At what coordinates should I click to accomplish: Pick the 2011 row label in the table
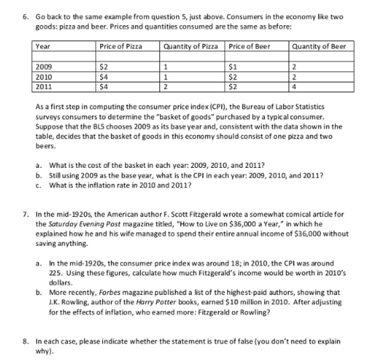pyautogui.click(x=43, y=87)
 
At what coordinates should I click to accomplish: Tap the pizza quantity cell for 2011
pyautogui.click(x=165, y=87)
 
